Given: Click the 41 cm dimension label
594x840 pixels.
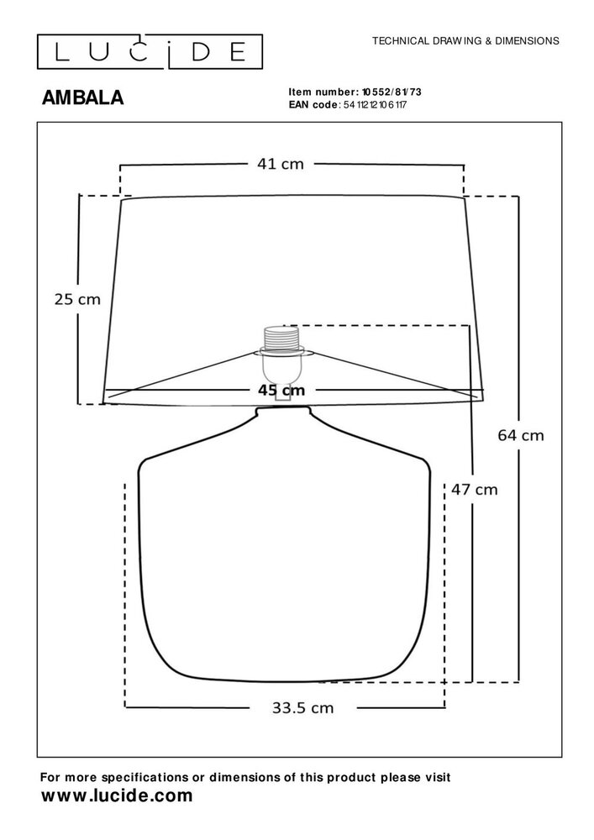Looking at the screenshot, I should pos(280,164).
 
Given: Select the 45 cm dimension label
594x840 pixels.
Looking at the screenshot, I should pos(281,390).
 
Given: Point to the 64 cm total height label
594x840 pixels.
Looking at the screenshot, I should pos(520,435).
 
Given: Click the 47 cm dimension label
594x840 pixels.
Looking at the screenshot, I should pos(474,489).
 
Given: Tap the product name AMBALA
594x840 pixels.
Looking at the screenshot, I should pos(82,98).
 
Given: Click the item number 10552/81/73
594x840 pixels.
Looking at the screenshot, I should pos(392,92).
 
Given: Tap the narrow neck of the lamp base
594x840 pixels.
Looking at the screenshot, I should pos(282,411).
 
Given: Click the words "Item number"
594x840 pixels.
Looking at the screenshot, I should pos(323,92).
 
